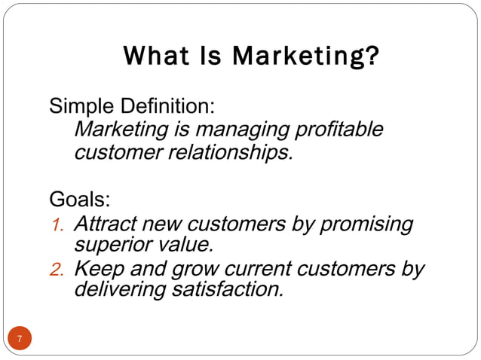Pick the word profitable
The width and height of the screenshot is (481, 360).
339,130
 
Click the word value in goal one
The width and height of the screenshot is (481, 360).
185,245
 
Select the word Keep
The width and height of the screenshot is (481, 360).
100,269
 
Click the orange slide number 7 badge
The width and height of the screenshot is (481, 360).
20,338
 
